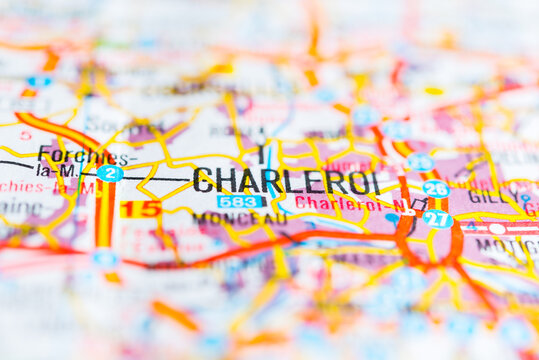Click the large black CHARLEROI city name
click(286, 181)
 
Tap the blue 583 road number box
click(241, 202)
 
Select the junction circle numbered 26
click(435, 188)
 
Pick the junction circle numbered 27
click(437, 219)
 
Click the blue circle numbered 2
click(110, 173)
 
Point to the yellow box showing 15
click(141, 209)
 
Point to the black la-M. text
click(57, 170)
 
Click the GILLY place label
click(490, 197)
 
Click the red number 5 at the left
click(25, 134)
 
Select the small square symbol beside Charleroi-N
click(419, 203)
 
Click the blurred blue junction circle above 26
click(420, 162)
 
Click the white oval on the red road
click(497, 229)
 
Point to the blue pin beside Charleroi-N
click(392, 217)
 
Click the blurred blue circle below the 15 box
click(105, 258)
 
